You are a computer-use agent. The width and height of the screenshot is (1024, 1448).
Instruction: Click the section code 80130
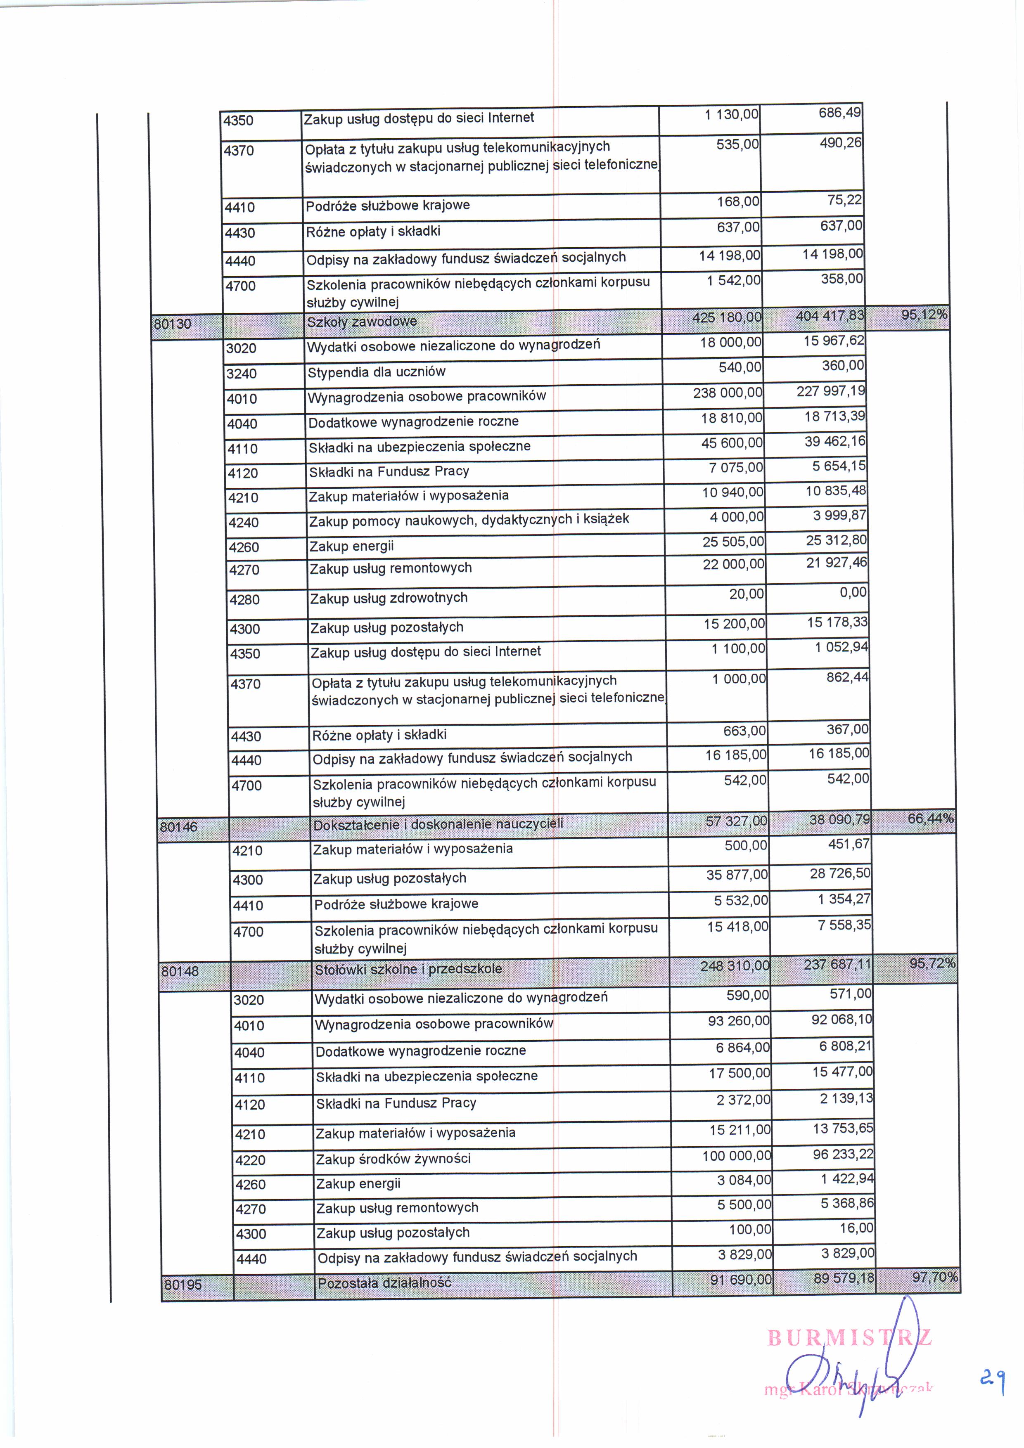coord(172,324)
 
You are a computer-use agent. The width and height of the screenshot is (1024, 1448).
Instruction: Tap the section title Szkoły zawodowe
coord(362,322)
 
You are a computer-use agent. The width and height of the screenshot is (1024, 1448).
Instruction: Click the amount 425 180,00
coord(727,317)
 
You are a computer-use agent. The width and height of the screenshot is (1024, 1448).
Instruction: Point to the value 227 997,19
coord(830,391)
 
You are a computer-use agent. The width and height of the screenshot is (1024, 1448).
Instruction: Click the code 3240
coord(242,374)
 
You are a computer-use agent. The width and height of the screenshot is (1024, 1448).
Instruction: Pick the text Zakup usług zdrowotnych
coord(388,598)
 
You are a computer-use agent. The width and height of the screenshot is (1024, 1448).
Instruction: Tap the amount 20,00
coord(747,594)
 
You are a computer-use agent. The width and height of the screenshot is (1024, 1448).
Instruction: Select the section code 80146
coord(178,827)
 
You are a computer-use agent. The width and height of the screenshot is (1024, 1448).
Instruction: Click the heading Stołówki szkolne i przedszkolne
coord(408,969)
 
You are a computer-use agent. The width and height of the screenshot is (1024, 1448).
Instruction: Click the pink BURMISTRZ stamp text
coord(849,1338)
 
